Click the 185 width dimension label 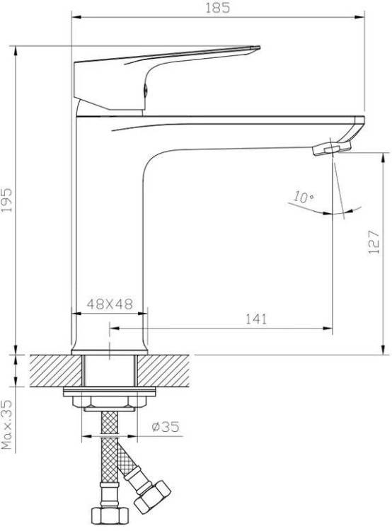218,8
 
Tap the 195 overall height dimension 6,200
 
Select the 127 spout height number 374,242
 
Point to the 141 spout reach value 256,319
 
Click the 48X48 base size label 110,304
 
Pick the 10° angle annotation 303,197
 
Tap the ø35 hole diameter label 166,427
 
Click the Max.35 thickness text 7,425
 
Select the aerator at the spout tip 331,148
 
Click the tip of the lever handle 259,47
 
